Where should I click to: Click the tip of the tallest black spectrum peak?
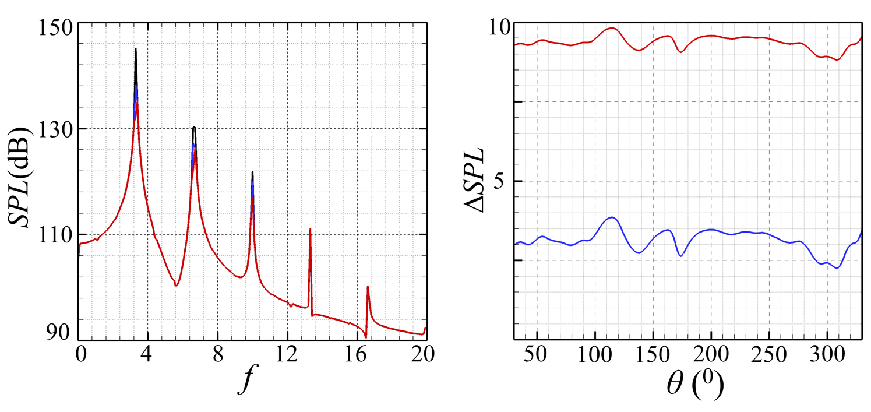(x=136, y=49)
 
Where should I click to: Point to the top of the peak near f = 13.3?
(x=310, y=229)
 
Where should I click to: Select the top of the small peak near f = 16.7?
(x=368, y=287)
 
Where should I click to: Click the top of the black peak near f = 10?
(x=252, y=172)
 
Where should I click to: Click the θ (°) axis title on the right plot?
(x=688, y=383)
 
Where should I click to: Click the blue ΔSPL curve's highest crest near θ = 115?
(x=611, y=217)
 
